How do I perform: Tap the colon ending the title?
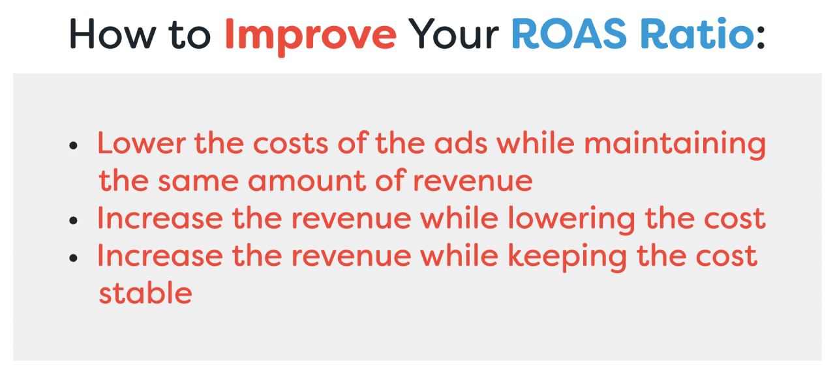click(761, 38)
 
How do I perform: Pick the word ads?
click(463, 143)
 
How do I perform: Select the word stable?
click(145, 293)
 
